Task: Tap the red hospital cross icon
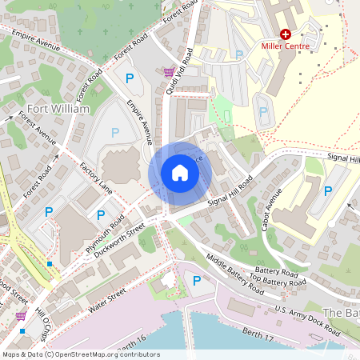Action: pyautogui.click(x=286, y=34)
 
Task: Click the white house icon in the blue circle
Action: pyautogui.click(x=179, y=173)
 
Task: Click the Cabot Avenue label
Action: pyautogui.click(x=271, y=210)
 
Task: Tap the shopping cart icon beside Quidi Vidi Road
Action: pyautogui.click(x=169, y=72)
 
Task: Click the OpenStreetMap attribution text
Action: pyautogui.click(x=80, y=354)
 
